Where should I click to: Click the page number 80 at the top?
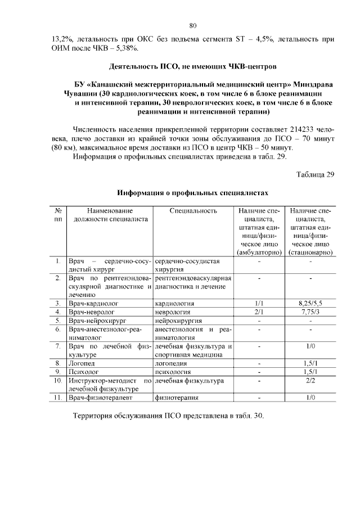(192, 25)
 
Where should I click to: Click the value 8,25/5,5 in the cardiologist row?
(310, 303)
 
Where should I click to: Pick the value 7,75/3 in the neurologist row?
(310, 312)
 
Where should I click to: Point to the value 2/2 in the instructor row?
(310, 381)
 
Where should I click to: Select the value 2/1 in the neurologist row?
(259, 312)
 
